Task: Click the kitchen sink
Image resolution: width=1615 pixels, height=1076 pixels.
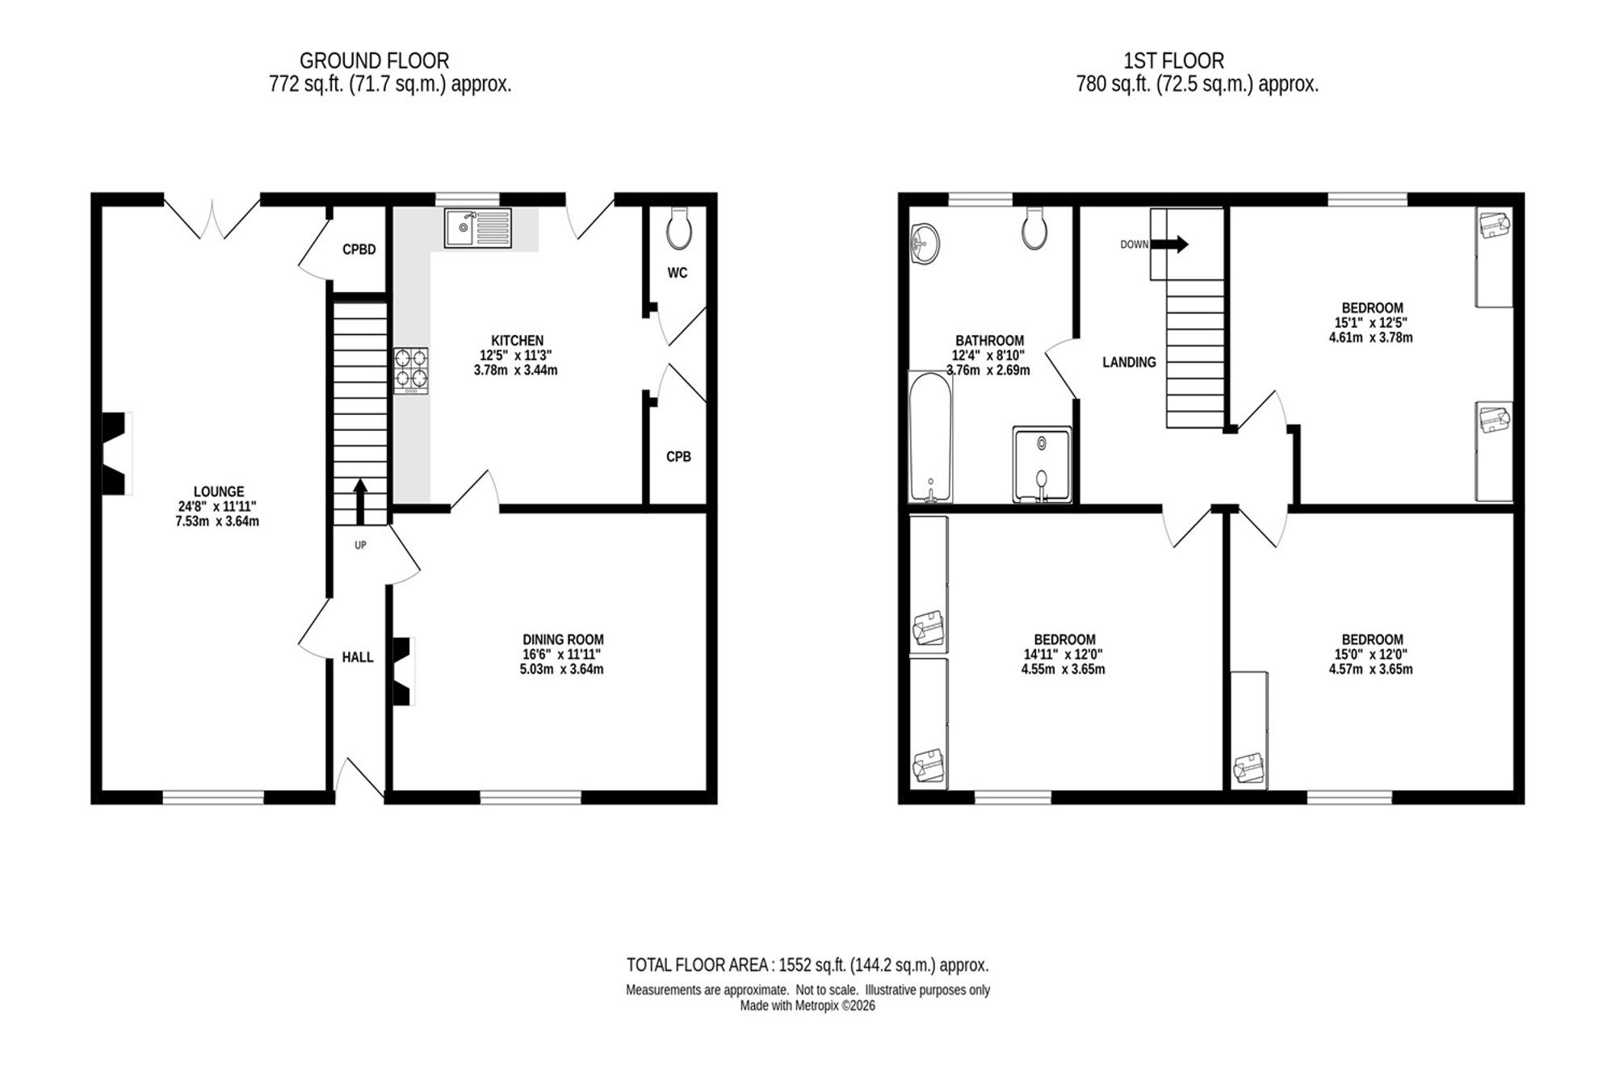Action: (477, 228)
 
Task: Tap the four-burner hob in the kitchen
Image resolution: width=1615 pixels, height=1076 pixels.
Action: (411, 371)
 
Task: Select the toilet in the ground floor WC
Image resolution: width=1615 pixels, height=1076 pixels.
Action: (678, 227)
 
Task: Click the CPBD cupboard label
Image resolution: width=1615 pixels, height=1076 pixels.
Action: (359, 249)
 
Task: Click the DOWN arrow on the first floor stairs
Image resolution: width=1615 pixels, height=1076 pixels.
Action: (1169, 244)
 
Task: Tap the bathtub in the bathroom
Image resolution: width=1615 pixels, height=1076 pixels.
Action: (931, 437)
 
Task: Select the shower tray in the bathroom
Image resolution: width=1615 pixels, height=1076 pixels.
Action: (1042, 465)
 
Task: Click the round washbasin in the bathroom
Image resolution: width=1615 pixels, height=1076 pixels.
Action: (924, 244)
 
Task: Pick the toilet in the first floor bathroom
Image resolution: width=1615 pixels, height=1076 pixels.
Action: (1034, 228)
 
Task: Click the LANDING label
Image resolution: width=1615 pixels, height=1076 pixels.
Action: (1129, 362)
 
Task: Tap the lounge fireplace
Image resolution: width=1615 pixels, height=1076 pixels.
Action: (116, 453)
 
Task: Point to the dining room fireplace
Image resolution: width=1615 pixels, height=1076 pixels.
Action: (403, 672)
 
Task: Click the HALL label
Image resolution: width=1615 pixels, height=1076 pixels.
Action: (358, 657)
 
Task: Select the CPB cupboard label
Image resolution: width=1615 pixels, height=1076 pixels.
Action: (678, 457)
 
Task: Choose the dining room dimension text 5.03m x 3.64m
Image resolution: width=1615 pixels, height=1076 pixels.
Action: (562, 669)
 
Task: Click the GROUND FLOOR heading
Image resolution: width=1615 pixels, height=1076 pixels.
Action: (374, 61)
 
